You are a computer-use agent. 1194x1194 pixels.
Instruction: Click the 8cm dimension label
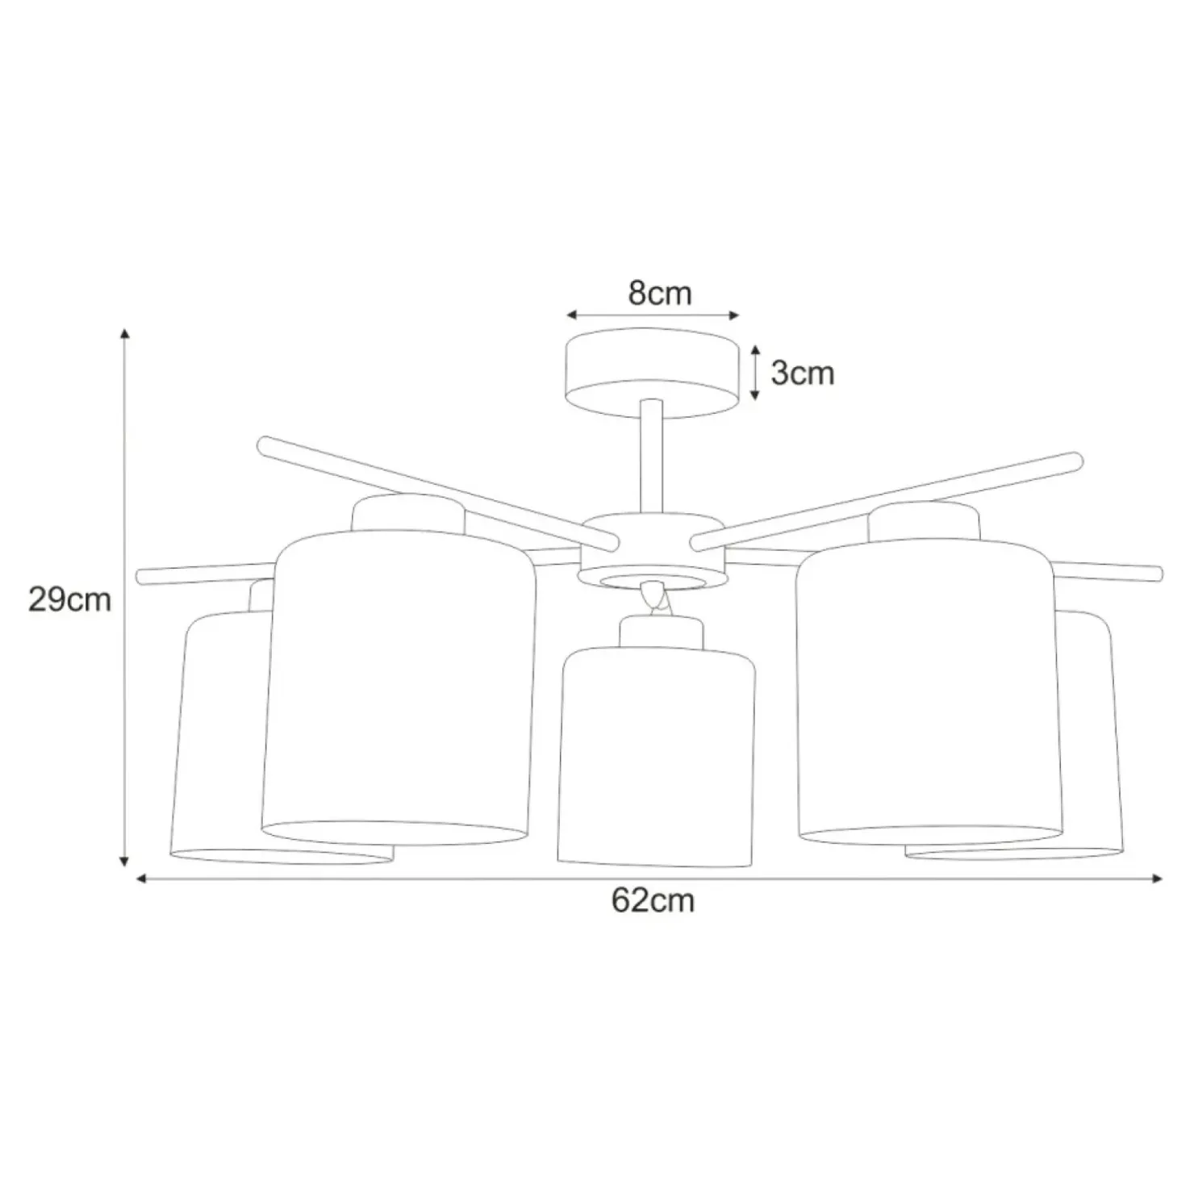[660, 294]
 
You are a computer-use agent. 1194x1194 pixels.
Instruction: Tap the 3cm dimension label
[802, 374]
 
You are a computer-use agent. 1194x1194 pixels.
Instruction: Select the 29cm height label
[69, 599]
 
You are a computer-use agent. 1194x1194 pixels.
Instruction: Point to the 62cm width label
[653, 900]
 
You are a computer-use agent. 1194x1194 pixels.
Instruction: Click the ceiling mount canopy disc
[653, 373]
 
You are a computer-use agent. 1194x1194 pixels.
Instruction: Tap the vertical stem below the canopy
[651, 456]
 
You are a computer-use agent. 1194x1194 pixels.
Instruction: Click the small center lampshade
[656, 754]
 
